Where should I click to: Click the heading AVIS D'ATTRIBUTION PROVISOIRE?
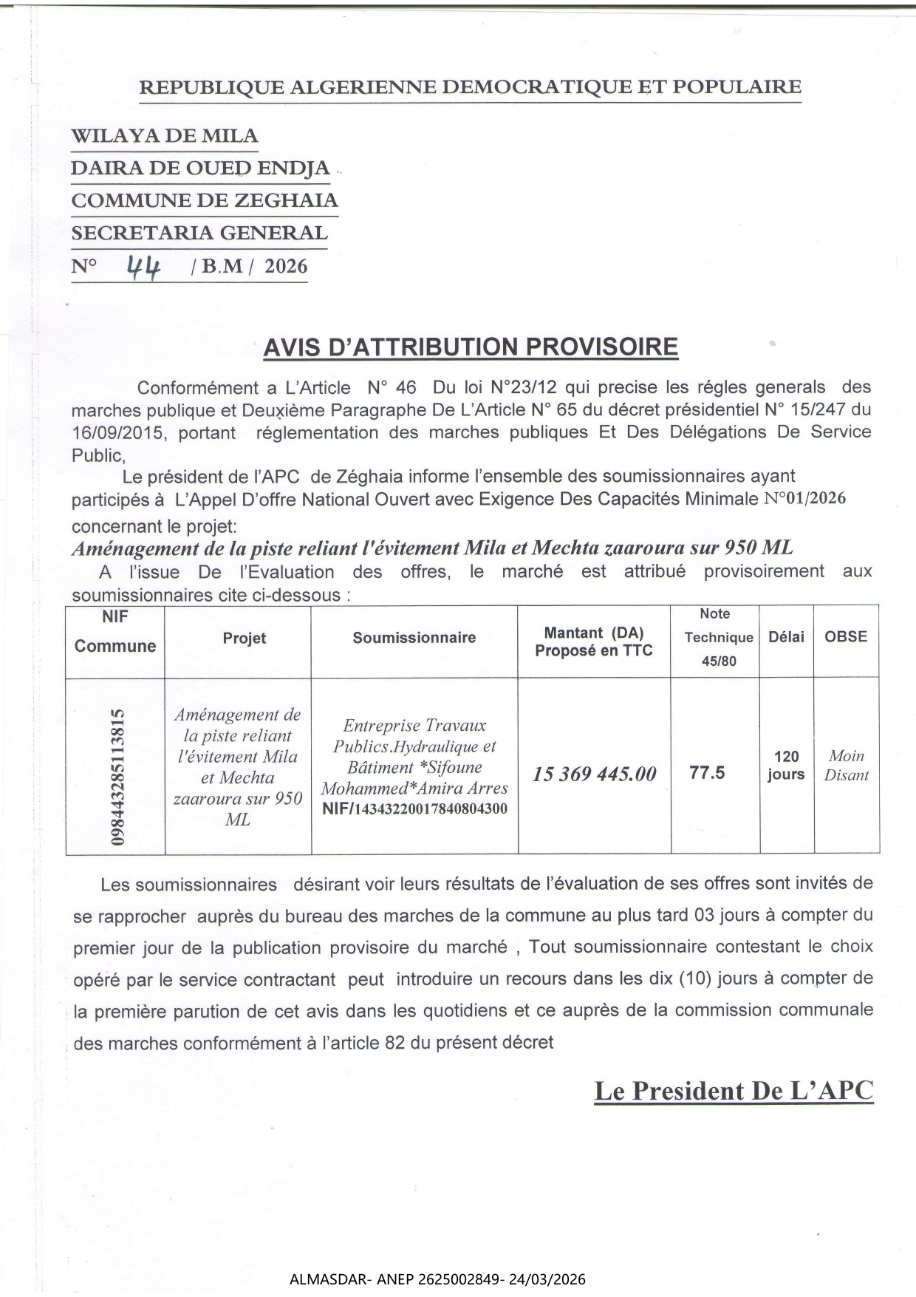pos(471,347)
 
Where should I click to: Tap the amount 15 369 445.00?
pos(594,774)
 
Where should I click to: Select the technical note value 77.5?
pos(707,773)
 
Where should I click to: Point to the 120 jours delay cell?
pos(786,766)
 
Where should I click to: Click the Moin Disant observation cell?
pos(847,766)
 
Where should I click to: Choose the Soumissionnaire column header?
pos(414,638)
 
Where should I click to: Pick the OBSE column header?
pos(846,636)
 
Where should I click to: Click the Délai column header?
pos(786,637)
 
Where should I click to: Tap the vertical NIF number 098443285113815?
pos(117,777)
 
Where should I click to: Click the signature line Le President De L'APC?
pos(734,1091)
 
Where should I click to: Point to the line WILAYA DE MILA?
pos(164,137)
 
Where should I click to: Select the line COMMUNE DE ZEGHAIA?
pos(204,200)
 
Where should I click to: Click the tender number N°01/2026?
pos(804,498)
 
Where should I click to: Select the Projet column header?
pos(245,639)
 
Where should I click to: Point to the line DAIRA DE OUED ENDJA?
pos(199,168)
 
